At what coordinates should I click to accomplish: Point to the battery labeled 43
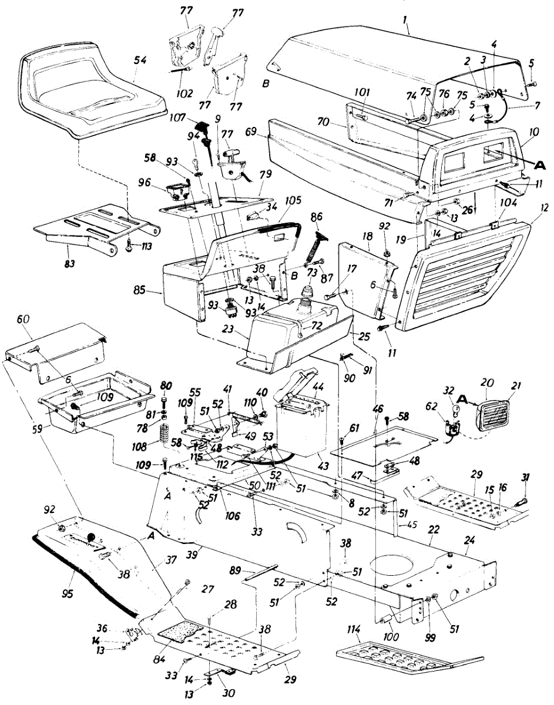point(297,426)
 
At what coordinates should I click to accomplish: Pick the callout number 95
point(68,593)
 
